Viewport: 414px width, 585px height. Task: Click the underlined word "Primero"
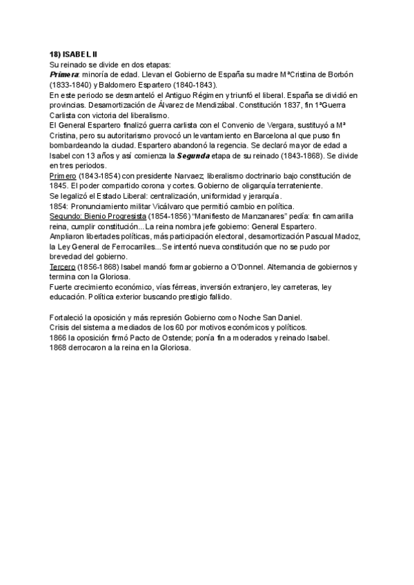pos(66,176)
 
